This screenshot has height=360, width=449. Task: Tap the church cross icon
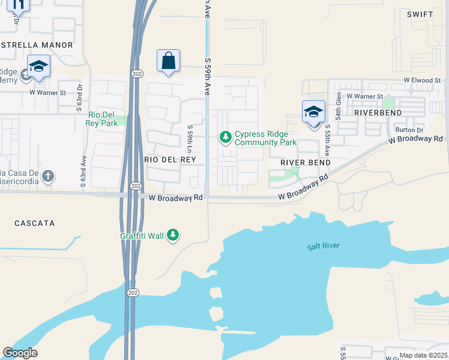[48, 177]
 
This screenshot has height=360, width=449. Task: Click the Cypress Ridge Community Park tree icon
[226, 138]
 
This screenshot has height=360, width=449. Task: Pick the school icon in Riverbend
[313, 113]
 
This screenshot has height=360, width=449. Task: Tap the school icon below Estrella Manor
[38, 67]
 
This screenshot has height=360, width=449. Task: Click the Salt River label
[324, 246]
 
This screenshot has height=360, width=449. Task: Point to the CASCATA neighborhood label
[35, 223]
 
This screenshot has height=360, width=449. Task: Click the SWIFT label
[420, 14]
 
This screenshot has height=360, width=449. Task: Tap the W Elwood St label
[422, 80]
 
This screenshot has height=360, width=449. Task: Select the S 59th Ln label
[190, 139]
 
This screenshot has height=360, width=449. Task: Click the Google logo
[20, 353]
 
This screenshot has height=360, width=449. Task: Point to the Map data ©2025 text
[424, 355]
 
